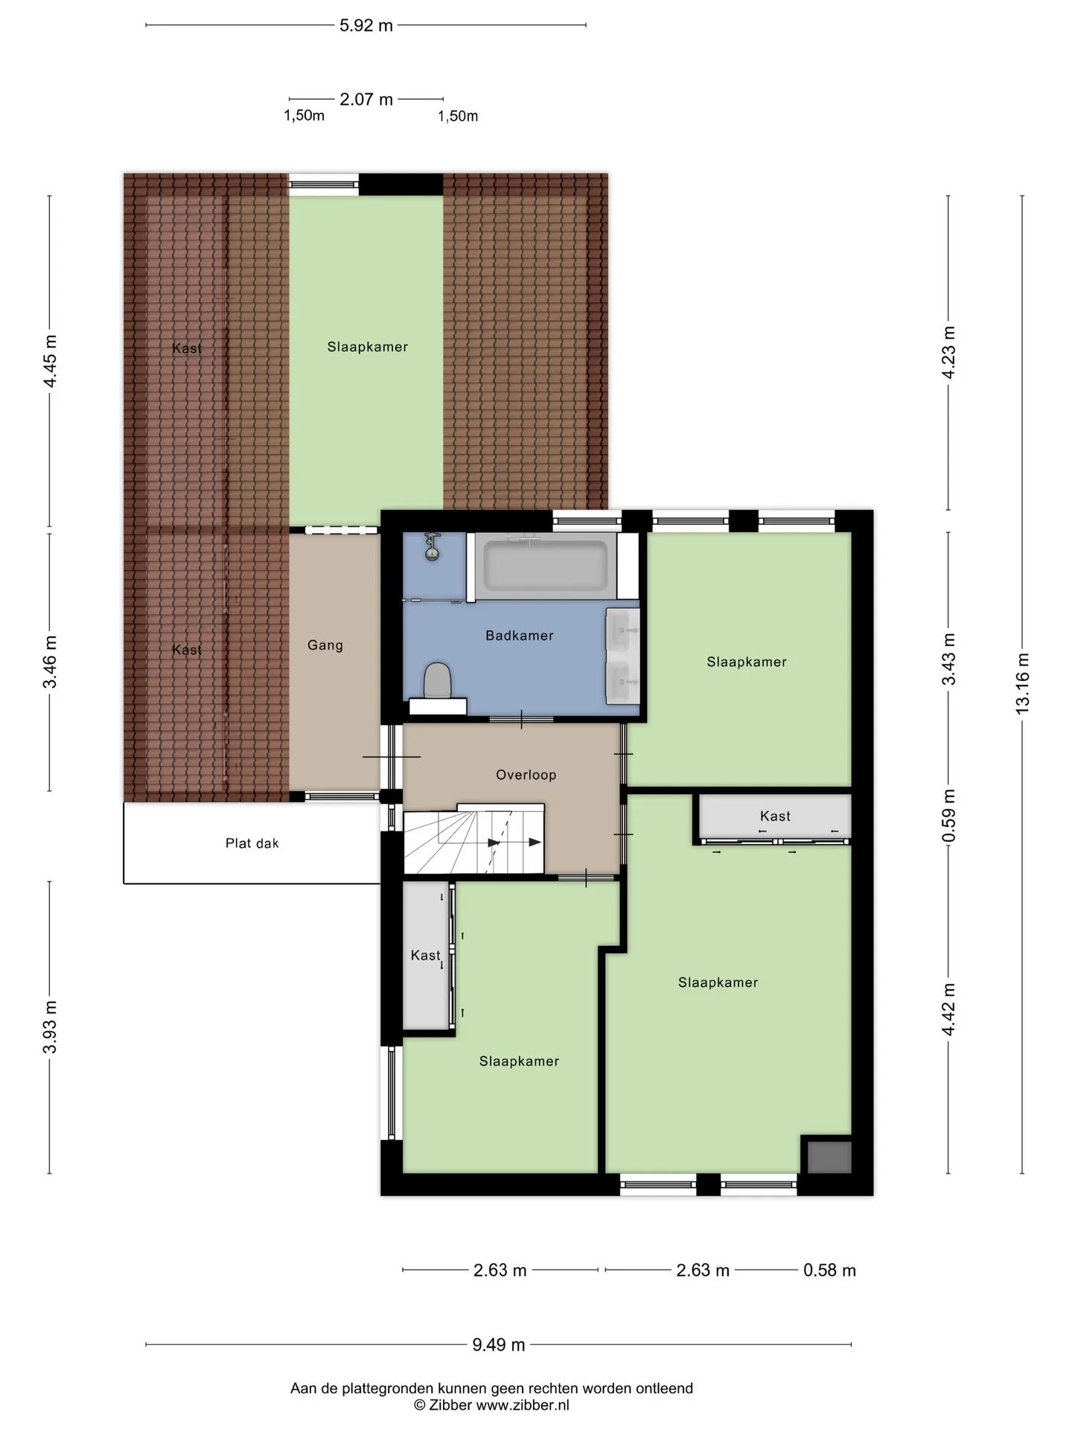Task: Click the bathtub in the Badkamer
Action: coord(546,566)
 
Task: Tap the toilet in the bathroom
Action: coord(438,682)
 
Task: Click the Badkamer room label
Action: coord(520,636)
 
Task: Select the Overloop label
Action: coord(526,775)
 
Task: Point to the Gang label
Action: coord(325,645)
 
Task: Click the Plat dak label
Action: coord(252,843)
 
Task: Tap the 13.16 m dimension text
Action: coord(1022,683)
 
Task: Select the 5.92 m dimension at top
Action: coord(366,25)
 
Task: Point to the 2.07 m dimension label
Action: coord(366,99)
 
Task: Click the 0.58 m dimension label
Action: coord(829,1270)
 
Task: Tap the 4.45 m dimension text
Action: coord(50,362)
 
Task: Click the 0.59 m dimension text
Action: coord(948,816)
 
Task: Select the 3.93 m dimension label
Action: coord(50,1028)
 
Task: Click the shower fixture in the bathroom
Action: coord(431,546)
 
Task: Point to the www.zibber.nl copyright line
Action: coord(491,1405)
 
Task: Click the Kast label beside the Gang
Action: coord(187,650)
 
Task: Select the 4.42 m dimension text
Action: coord(948,1009)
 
